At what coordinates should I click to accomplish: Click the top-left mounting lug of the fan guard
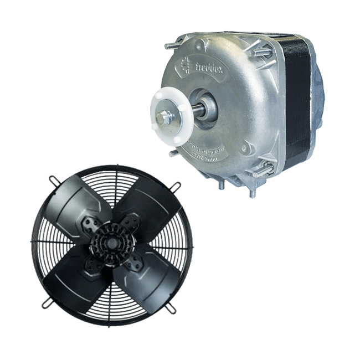click(x=51, y=179)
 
